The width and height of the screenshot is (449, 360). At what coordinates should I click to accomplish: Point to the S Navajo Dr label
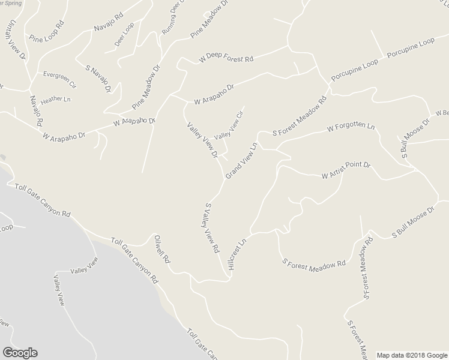pyautogui.click(x=100, y=78)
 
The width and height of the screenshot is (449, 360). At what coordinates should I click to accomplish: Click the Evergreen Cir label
pyautogui.click(x=59, y=76)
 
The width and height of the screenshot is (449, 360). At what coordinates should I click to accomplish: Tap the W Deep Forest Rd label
pyautogui.click(x=227, y=59)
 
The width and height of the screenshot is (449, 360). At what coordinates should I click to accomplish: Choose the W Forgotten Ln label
pyautogui.click(x=351, y=128)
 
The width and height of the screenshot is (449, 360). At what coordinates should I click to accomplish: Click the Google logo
pyautogui.click(x=20, y=353)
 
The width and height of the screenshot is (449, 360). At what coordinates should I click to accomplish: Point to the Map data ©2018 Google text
pyautogui.click(x=412, y=355)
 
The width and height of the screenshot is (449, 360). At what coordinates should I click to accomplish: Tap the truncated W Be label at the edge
pyautogui.click(x=443, y=113)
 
